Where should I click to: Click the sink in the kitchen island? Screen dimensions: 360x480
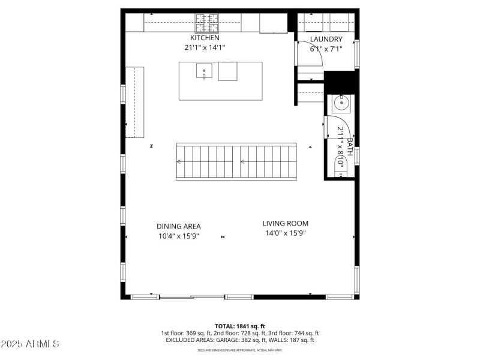click(x=204, y=71)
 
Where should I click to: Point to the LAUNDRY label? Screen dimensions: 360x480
click(x=326, y=40)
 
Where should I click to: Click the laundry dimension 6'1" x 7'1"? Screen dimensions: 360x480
click(x=326, y=49)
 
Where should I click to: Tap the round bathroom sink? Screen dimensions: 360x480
click(x=341, y=103)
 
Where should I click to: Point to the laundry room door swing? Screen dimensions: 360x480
click(x=306, y=54)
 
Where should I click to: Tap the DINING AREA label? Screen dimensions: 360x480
click(x=179, y=226)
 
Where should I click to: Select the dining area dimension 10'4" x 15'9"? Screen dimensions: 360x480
click(x=179, y=236)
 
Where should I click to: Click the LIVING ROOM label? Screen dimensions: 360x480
click(x=286, y=223)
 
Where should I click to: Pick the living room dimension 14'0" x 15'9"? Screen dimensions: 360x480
click(x=286, y=233)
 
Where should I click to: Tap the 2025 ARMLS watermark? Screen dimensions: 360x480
click(x=30, y=344)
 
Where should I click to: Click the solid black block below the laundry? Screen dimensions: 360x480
click(x=340, y=82)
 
